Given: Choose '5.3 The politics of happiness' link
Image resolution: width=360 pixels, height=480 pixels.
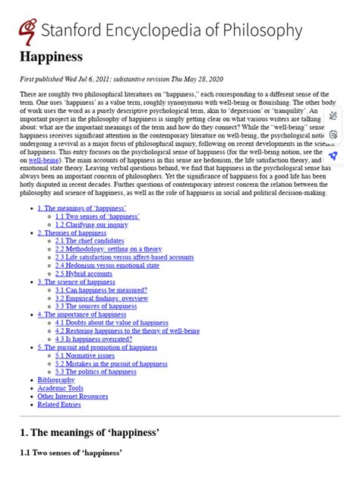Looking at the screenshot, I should (x=96, y=372).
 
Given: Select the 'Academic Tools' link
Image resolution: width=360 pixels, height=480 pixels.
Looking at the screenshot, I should (x=61, y=389).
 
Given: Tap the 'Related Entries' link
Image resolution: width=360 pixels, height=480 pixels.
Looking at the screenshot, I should (x=60, y=406).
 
